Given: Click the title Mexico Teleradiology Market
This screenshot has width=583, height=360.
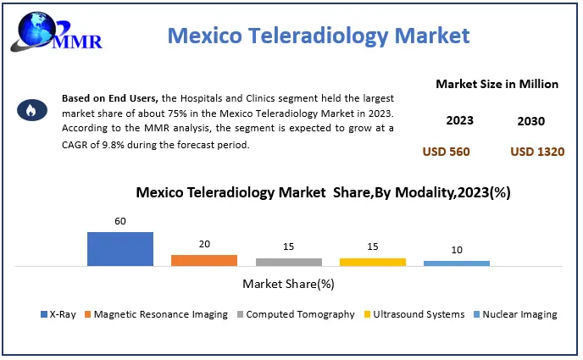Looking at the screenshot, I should coord(318,36).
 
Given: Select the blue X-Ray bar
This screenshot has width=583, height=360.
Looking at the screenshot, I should coord(119,248).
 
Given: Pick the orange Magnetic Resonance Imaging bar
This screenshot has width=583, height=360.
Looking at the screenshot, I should coord(203,260).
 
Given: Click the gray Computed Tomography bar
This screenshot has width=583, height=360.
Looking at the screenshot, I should coord(288,262).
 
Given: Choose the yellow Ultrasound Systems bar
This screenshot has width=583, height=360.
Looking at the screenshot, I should coord(372,262).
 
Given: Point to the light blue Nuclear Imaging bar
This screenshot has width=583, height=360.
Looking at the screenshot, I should coord(456,263).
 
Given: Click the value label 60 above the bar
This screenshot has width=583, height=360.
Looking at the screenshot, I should coord(119,221).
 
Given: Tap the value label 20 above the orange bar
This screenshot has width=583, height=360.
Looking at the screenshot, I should coord(203,244).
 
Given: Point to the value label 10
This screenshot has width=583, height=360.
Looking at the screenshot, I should coord(456,250).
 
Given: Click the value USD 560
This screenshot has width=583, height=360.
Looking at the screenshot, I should coord(446,152).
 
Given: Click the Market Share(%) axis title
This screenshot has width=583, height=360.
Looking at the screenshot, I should coord(288,283).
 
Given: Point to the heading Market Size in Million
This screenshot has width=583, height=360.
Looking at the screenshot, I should coord(497,84).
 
